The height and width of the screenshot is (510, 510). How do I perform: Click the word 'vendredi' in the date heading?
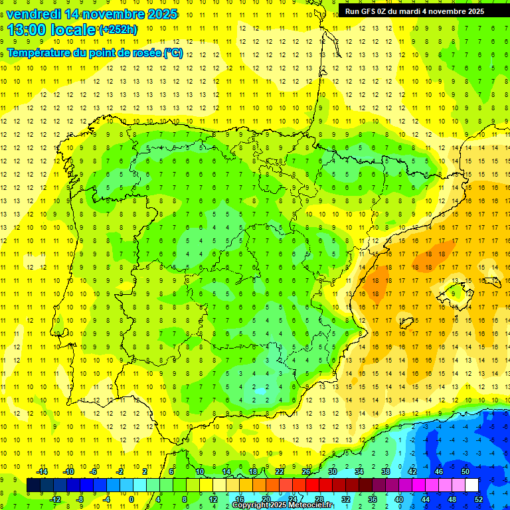[34, 14]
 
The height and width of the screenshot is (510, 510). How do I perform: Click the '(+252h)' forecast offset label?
[118, 30]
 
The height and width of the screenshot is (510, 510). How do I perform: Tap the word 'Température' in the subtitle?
[38, 52]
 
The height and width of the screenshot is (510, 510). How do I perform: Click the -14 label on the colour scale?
[41, 471]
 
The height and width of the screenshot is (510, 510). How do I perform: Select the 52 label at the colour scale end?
[479, 499]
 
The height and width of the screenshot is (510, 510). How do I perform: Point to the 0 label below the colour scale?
[132, 499]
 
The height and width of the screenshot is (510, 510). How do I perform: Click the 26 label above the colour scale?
[306, 471]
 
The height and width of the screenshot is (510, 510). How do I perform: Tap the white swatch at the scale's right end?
[471, 485]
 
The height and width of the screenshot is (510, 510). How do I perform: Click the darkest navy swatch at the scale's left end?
[33, 485]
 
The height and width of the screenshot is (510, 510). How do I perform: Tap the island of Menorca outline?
[489, 266]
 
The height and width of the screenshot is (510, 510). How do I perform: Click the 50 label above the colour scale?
[466, 471]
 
